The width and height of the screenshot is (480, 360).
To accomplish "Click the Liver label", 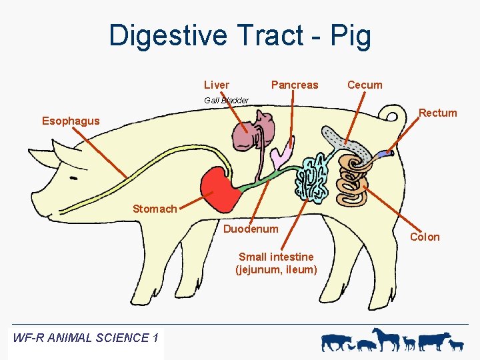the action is [x=216, y=85].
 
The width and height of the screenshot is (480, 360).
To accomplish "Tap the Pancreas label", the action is [x=295, y=85].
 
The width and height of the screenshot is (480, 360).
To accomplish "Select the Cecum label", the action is [x=365, y=85].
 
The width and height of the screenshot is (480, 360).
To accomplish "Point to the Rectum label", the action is [x=437, y=113].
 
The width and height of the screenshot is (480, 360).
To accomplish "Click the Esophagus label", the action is [x=71, y=121].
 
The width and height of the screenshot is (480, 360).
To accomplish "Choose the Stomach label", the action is [x=155, y=209].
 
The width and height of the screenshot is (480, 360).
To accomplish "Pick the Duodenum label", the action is [x=251, y=229].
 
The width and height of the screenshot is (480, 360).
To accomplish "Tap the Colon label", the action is [x=425, y=237].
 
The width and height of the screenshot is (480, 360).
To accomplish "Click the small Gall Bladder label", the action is [x=227, y=100].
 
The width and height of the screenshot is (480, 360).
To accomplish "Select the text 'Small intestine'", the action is [x=276, y=257].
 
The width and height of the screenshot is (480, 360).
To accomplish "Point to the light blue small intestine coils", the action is [x=311, y=177].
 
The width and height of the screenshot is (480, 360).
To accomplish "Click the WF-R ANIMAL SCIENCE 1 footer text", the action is [x=85, y=337].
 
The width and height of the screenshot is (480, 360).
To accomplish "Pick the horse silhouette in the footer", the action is [x=386, y=339].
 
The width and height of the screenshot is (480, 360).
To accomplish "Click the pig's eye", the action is [x=72, y=179].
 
